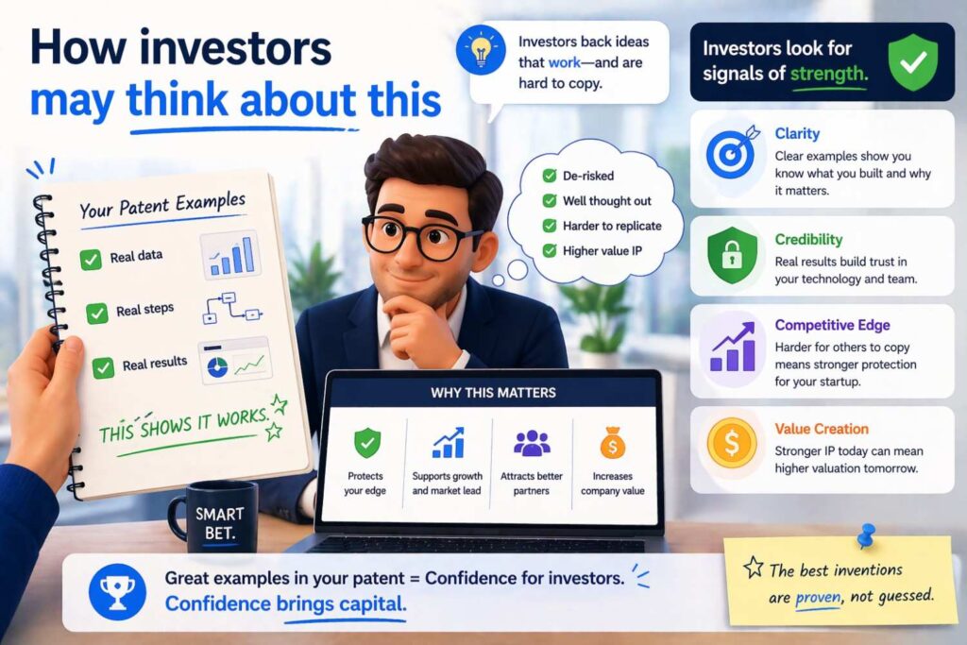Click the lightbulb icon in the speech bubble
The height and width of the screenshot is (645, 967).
coord(482,50)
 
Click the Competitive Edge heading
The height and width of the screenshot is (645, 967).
coord(831,325)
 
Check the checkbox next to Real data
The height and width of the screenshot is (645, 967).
coord(91,259)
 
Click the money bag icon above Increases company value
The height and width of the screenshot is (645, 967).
coord(612,442)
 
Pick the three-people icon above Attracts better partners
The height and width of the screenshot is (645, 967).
coord(532,442)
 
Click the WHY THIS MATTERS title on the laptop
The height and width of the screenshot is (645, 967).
coord(494,392)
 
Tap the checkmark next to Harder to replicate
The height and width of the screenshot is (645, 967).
coord(549,226)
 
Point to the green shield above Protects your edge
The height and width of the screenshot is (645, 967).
coord(367,442)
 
